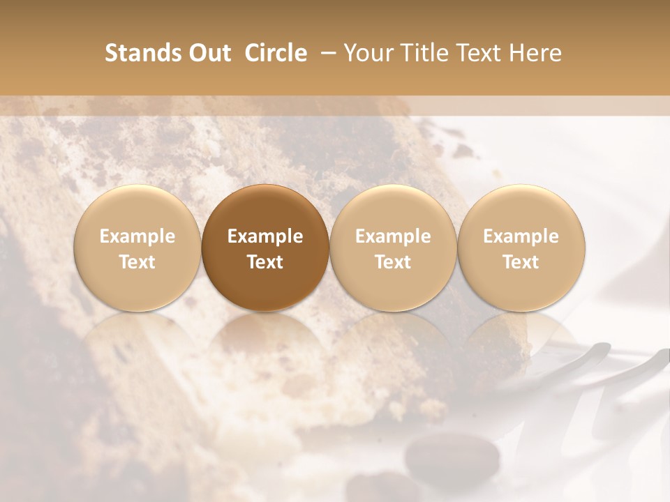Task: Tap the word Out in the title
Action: click(208, 53)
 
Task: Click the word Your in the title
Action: click(367, 53)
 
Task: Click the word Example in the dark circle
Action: click(265, 236)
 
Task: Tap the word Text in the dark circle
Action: click(265, 262)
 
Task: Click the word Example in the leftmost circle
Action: click(137, 236)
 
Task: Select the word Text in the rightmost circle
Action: click(521, 262)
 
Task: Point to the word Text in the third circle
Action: click(393, 262)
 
